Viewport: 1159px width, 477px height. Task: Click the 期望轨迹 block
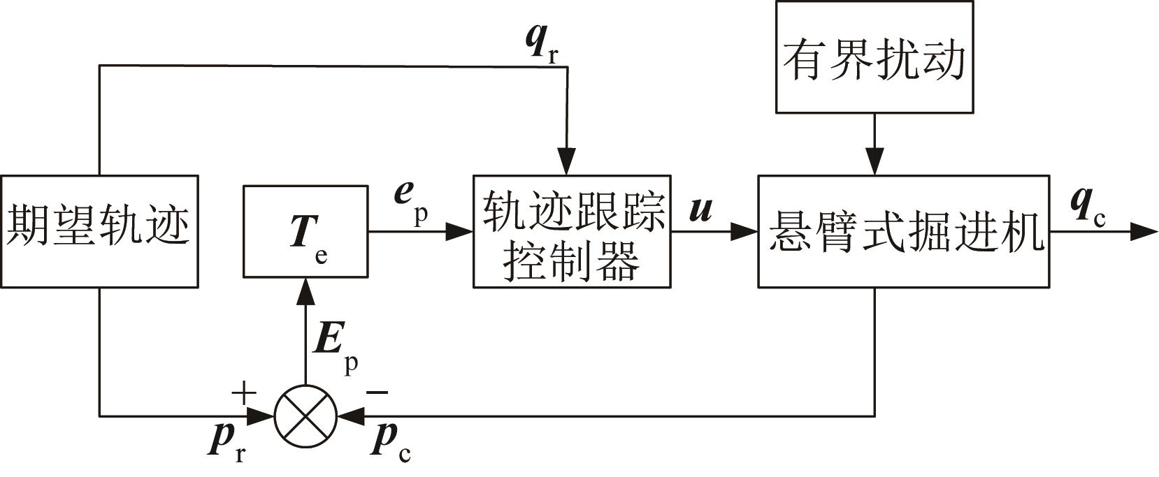99,231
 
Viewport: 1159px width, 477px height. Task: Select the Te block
305,231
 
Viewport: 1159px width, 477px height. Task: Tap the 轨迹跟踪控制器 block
572,231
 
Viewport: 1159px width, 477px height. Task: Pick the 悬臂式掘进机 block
903,231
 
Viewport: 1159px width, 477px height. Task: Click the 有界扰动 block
874,57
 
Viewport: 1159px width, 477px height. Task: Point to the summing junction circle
305,416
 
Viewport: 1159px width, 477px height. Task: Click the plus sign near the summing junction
243,395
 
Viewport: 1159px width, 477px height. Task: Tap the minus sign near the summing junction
377,393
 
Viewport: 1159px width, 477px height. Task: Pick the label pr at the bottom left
228,443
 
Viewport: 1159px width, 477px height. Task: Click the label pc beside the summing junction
391,443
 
